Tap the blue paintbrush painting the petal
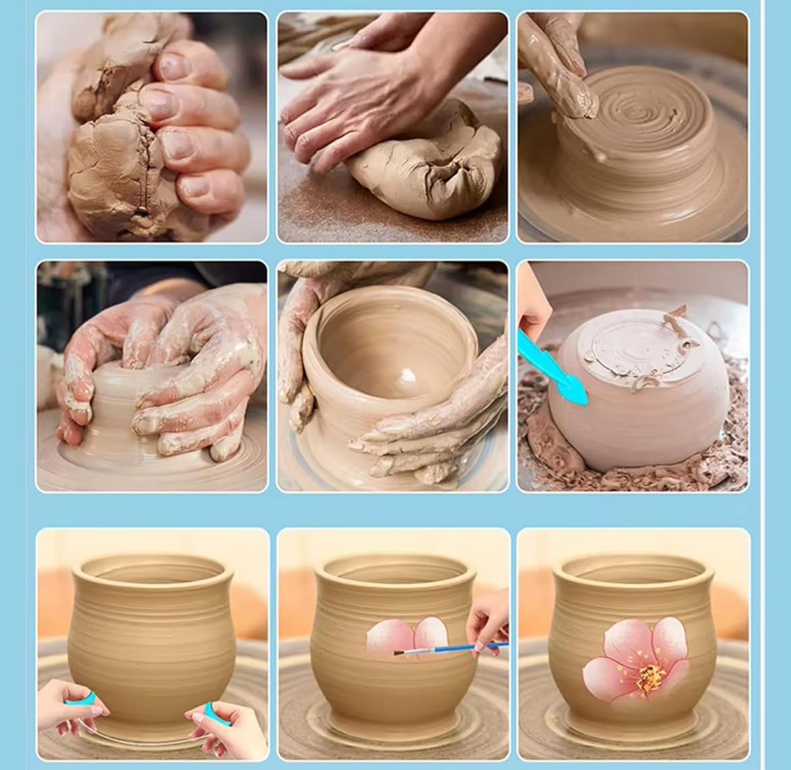click(x=439, y=650)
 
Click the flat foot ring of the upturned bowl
click(x=629, y=345)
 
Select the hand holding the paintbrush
click(x=490, y=622)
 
